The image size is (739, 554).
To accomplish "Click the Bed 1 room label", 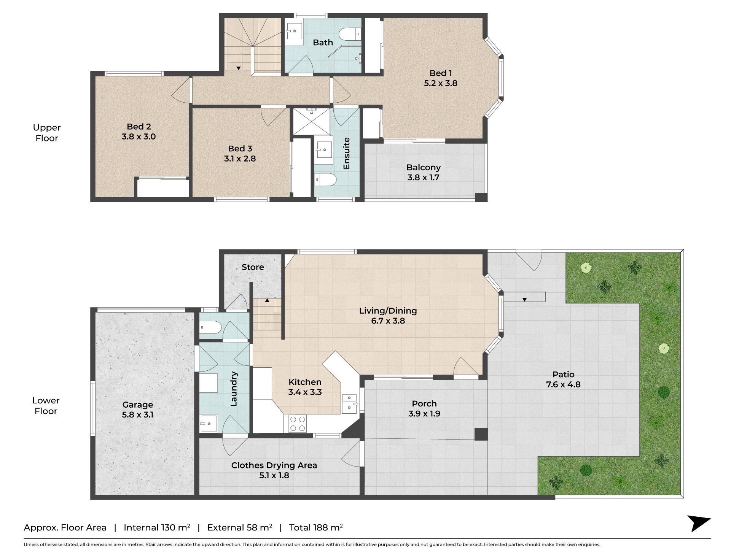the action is coord(441,73).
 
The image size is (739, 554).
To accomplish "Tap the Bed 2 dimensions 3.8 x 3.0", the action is coord(139,137).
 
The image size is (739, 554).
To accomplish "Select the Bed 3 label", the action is coord(240,149).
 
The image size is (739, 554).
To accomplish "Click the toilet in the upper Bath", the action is coord(350,34).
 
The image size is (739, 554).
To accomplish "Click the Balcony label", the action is coord(424,167).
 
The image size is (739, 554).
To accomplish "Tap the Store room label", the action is coord(253,267).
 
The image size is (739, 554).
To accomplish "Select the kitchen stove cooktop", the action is coord(298,423).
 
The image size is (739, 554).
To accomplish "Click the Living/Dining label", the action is coord(388,311).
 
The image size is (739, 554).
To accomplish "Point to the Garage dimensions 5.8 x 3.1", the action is coord(138,415).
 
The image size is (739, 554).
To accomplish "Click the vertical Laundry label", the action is coord(234,389).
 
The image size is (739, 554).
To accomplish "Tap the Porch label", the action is coord(424,403).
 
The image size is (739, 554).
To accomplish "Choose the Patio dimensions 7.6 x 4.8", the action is coord(563,384).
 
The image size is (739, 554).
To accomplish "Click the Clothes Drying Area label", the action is coord(274,465).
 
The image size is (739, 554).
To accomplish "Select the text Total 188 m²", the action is coord(316,527).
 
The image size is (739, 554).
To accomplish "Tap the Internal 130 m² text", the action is coord(157,527).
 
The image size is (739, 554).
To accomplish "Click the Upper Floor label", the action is coord(47,133).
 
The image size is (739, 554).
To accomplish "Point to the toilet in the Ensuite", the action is coord(326,179).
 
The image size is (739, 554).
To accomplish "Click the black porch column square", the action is coord(481,434).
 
